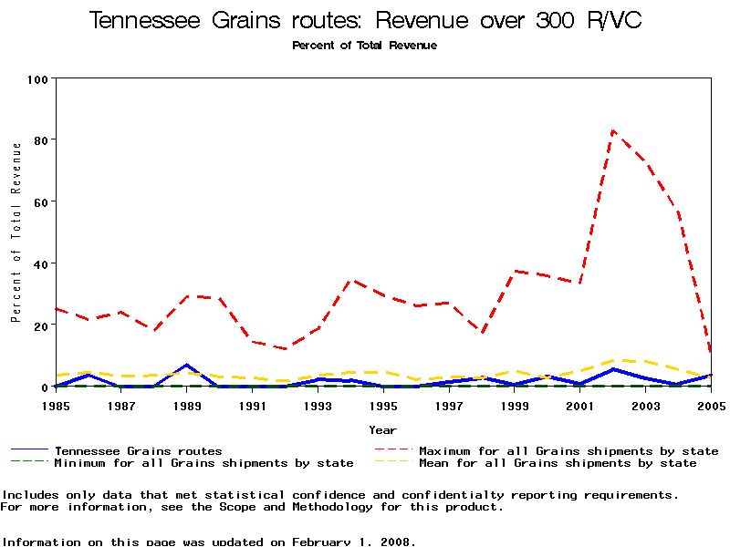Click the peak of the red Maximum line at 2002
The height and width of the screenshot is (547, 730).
pyautogui.click(x=613, y=130)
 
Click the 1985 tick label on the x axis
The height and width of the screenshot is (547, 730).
pyautogui.click(x=56, y=406)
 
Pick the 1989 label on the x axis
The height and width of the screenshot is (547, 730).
pyautogui.click(x=187, y=406)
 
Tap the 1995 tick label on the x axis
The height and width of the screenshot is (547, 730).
pyautogui.click(x=383, y=406)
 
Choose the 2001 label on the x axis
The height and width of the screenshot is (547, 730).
pyautogui.click(x=580, y=406)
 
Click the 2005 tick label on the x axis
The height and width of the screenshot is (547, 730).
pyautogui.click(x=711, y=406)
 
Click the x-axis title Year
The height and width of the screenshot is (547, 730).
pyautogui.click(x=383, y=429)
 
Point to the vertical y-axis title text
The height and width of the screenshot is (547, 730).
pyautogui.click(x=16, y=232)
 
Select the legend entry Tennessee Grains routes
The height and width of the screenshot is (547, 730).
pyautogui.click(x=138, y=450)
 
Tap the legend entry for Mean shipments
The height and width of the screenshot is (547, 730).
pyautogui.click(x=557, y=463)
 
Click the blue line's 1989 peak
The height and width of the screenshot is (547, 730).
pyautogui.click(x=187, y=366)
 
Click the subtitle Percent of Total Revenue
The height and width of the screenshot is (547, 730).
pyautogui.click(x=364, y=45)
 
